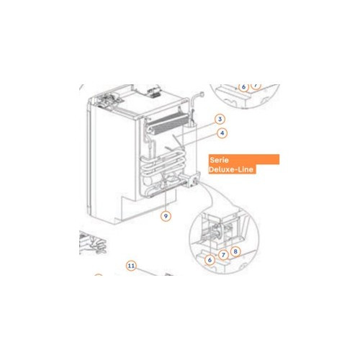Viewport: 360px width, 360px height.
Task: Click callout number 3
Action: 220,119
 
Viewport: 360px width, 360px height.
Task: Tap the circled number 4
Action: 222,133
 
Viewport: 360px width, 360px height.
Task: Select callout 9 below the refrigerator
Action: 166,216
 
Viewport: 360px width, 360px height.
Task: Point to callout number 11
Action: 131,266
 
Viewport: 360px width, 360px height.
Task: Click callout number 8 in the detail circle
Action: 235,251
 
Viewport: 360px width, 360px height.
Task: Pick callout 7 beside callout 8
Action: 223,255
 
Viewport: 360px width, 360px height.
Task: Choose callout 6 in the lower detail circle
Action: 210,260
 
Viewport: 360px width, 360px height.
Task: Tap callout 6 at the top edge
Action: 243,86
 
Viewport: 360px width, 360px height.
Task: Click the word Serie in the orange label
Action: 219,160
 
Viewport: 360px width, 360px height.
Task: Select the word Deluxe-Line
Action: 231,169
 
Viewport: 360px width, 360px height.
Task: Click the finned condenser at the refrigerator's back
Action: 167,124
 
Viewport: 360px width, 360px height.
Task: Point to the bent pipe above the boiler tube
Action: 196,101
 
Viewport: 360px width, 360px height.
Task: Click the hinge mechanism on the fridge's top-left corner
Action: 106,100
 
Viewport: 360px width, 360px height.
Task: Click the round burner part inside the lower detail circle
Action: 216,232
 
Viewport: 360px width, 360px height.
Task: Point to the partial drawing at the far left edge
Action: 92,243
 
